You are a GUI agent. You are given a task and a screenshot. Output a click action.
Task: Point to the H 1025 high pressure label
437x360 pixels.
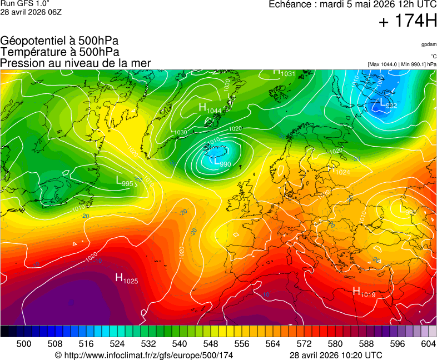[x=126, y=278]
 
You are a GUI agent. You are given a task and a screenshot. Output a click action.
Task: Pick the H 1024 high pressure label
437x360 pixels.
[x=339, y=171]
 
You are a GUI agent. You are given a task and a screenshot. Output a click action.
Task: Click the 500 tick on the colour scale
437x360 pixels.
[x=24, y=344]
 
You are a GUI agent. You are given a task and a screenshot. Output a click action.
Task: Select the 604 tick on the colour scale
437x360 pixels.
[x=428, y=344]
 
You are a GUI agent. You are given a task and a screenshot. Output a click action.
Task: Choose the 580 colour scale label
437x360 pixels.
[x=335, y=344]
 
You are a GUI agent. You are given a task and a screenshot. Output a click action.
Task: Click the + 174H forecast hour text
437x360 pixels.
[x=408, y=22]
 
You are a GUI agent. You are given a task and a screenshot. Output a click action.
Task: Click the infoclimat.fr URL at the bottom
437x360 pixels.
[x=144, y=355]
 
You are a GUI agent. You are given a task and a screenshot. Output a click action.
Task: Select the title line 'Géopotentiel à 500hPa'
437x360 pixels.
[x=59, y=41]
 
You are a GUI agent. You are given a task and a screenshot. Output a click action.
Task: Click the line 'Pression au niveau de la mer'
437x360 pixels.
[x=76, y=63]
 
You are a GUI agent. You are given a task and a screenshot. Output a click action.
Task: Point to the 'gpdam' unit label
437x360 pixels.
[x=429, y=44]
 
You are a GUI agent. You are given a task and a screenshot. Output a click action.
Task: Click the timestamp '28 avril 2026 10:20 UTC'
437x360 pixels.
[x=336, y=355]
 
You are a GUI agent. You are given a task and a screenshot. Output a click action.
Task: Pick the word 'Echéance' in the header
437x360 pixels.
[x=289, y=4]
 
